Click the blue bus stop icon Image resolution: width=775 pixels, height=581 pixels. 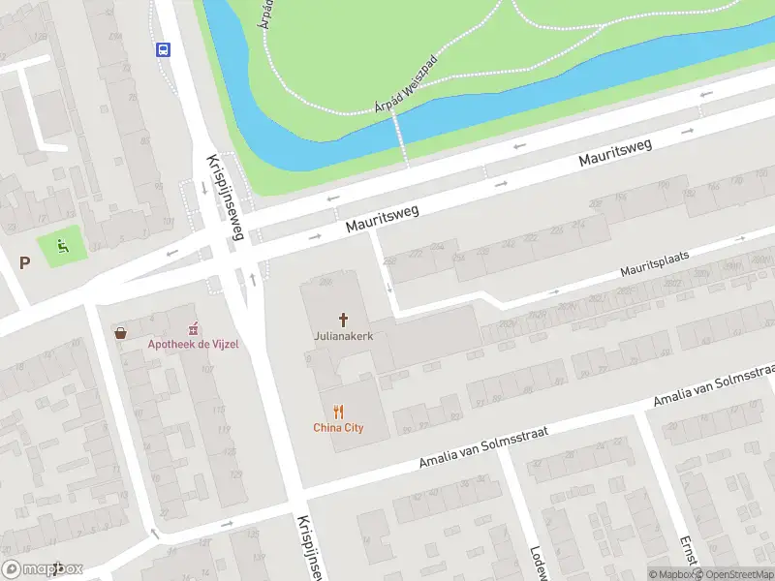pos(162,49)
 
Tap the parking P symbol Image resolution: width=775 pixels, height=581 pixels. pos(25,261)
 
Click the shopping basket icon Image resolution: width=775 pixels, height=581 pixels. pos(121,333)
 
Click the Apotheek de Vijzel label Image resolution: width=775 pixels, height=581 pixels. pos(193,345)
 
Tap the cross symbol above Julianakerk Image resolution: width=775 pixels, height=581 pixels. pos(342,320)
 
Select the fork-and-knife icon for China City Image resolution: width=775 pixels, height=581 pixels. pos(338,412)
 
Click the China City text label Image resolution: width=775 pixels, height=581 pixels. pos(338,427)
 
